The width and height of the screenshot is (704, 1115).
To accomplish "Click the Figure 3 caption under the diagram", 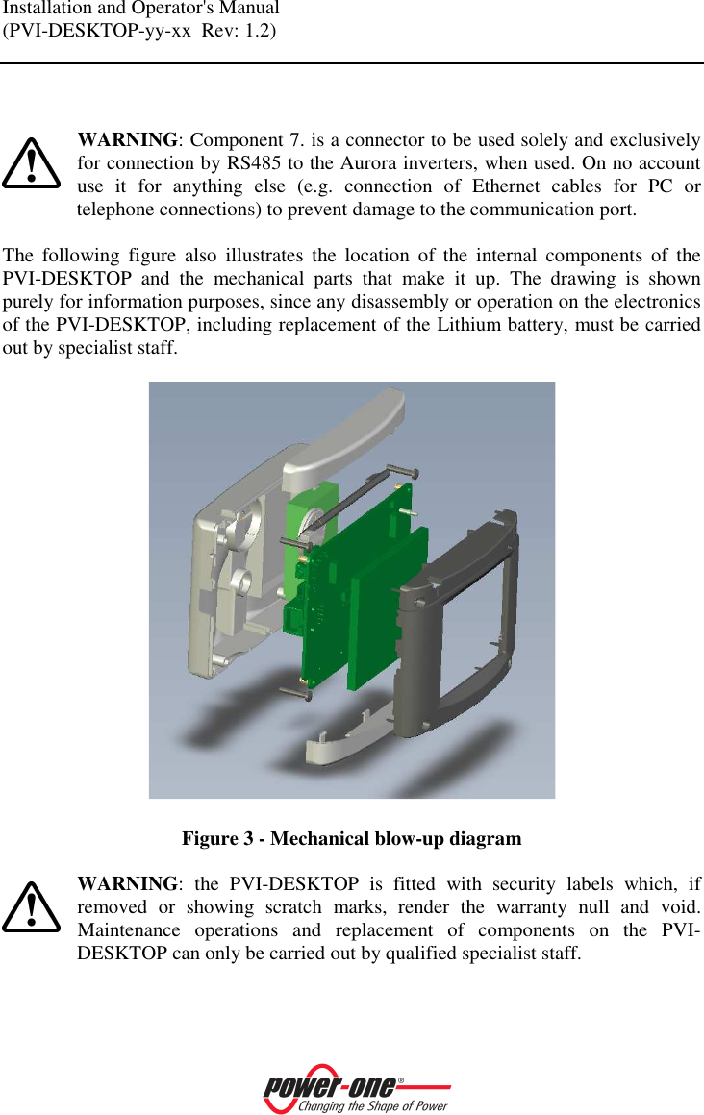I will pyautogui.click(x=352, y=839).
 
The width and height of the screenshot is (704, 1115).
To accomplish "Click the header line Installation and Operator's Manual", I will pyautogui.click(x=141, y=9).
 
